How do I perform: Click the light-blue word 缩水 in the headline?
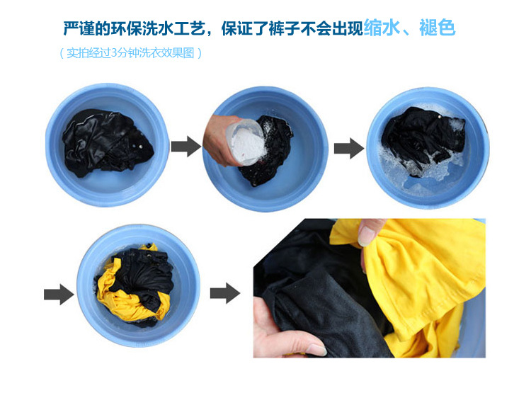tap(382, 28)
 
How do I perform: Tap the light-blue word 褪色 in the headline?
tap(437, 28)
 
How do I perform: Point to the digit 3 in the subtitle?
tap(114, 53)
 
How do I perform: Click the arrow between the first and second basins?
tap(186, 147)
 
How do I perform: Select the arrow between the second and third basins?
tap(349, 148)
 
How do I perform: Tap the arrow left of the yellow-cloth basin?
tap(59, 294)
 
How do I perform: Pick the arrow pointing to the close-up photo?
tap(225, 293)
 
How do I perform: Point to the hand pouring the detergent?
tap(221, 139)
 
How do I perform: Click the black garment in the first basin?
tap(107, 143)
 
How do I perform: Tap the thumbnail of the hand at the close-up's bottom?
tap(316, 350)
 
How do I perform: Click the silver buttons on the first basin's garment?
tap(138, 147)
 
